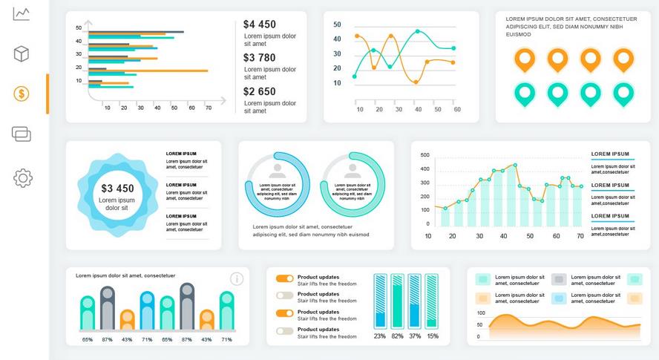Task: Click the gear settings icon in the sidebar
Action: coord(23,177)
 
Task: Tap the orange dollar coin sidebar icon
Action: coord(22,94)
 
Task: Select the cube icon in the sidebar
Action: coord(22,53)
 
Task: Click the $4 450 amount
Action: coord(259,24)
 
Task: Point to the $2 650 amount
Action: coord(259,91)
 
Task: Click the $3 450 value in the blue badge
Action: coord(117,189)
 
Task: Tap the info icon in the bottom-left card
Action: coord(237,279)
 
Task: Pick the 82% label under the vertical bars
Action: coord(397,336)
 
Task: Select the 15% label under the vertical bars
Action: coord(432,336)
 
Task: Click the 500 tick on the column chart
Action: coord(425,155)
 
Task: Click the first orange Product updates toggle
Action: coord(284,278)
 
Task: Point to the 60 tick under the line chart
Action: coord(457,109)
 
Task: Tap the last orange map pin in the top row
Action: coord(623,59)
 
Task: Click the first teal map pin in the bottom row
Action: coord(525,94)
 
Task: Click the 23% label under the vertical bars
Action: coord(379,336)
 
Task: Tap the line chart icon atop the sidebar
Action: coord(22,14)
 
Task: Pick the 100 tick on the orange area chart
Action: coord(480,313)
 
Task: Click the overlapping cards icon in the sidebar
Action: coord(22,134)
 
